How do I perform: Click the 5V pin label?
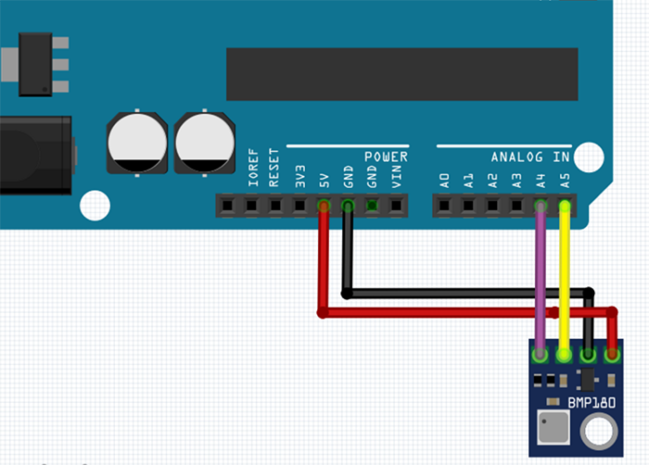(x=324, y=179)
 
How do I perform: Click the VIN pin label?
(x=396, y=176)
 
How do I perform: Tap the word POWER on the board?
(x=386, y=157)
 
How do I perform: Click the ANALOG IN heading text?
(x=530, y=157)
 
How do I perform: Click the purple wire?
(x=541, y=278)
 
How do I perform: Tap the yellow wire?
(x=564, y=278)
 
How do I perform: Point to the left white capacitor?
(x=137, y=143)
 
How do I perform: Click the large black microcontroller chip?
(x=401, y=74)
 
